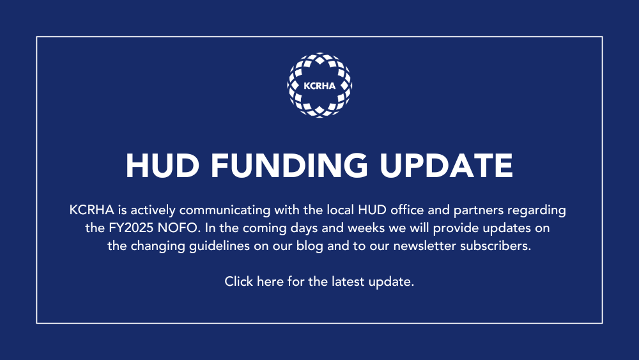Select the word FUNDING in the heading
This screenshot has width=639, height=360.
tap(291, 165)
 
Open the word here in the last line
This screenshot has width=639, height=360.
tap(270, 281)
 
